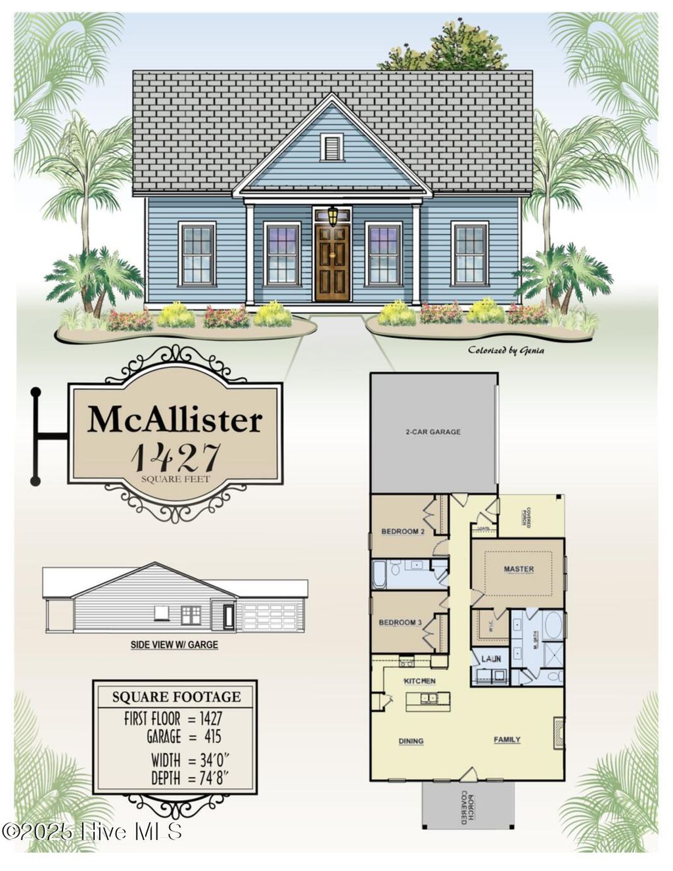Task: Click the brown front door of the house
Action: coord(332,263)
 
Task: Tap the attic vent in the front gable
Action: coord(332,147)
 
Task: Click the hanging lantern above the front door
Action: coord(333,215)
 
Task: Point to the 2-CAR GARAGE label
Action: coord(432,432)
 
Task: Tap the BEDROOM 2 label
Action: coord(403,531)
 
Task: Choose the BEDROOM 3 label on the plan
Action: coord(400,622)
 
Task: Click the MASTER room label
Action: coord(519,569)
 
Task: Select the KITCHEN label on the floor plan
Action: coord(419,681)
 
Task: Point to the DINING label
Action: coord(411,741)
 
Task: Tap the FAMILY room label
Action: coord(507,740)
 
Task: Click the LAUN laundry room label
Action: coord(491,658)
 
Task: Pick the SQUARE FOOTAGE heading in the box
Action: coord(176,697)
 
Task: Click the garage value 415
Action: coord(212,737)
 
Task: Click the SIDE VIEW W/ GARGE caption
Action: coord(174,645)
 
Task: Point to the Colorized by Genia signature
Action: coord(505,350)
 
